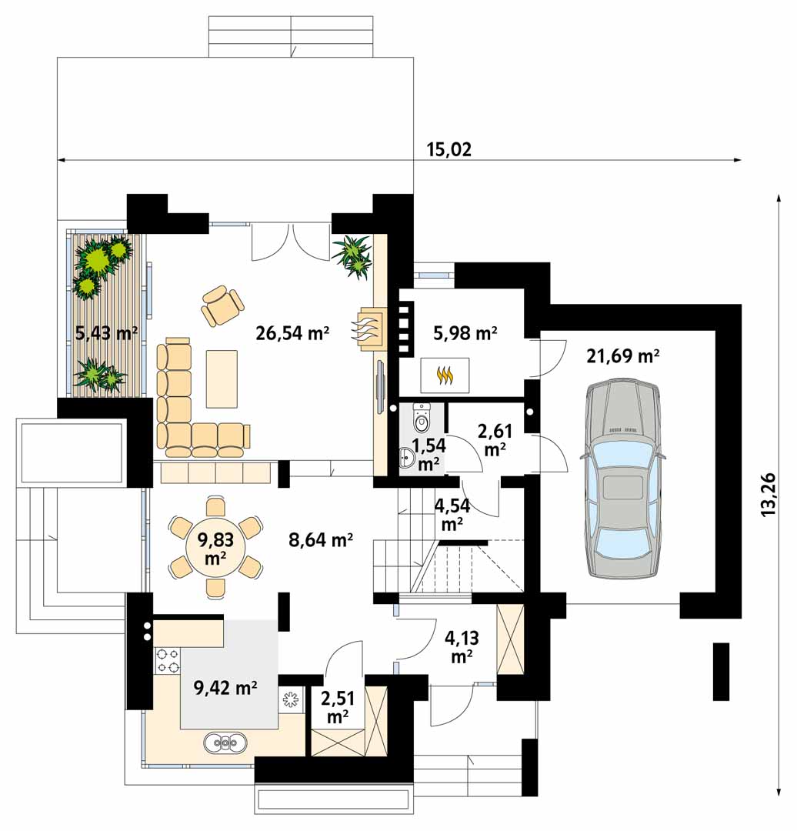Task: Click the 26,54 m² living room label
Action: click(x=292, y=333)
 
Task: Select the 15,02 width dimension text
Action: click(x=449, y=149)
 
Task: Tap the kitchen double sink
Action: click(x=225, y=742)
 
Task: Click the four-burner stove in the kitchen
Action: click(x=168, y=660)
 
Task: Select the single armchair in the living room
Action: click(x=222, y=305)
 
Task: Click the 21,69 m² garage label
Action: click(x=622, y=355)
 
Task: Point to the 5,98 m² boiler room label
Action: click(x=465, y=333)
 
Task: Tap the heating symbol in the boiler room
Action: click(x=445, y=375)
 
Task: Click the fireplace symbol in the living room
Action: click(x=368, y=329)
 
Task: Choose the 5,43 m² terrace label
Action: click(x=106, y=333)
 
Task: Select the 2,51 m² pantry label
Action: click(x=338, y=706)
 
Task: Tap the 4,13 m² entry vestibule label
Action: click(x=462, y=646)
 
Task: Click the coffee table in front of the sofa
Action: click(x=222, y=379)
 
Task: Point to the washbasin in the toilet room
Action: click(x=407, y=458)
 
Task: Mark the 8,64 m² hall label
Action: click(x=321, y=540)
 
